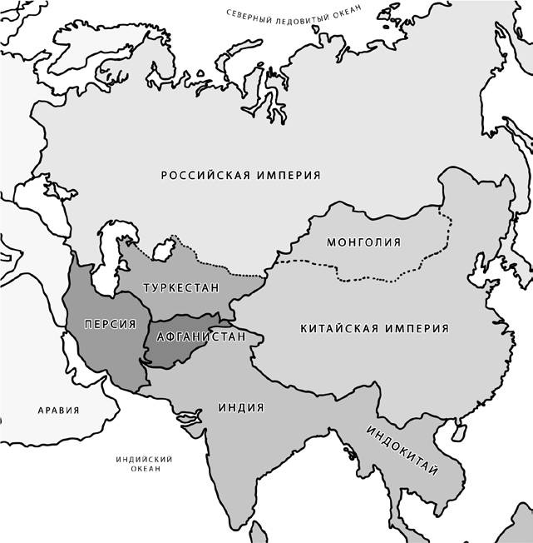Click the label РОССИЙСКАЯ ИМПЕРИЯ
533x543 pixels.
[241, 176]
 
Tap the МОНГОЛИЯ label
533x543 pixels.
[363, 242]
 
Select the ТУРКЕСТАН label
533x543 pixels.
[181, 288]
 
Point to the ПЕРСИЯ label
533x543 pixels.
[105, 323]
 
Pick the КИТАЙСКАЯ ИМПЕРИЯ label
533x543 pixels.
[374, 329]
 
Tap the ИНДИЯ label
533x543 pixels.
[241, 408]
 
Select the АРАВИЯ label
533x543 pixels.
[59, 411]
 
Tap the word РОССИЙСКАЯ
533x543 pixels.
[203, 176]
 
